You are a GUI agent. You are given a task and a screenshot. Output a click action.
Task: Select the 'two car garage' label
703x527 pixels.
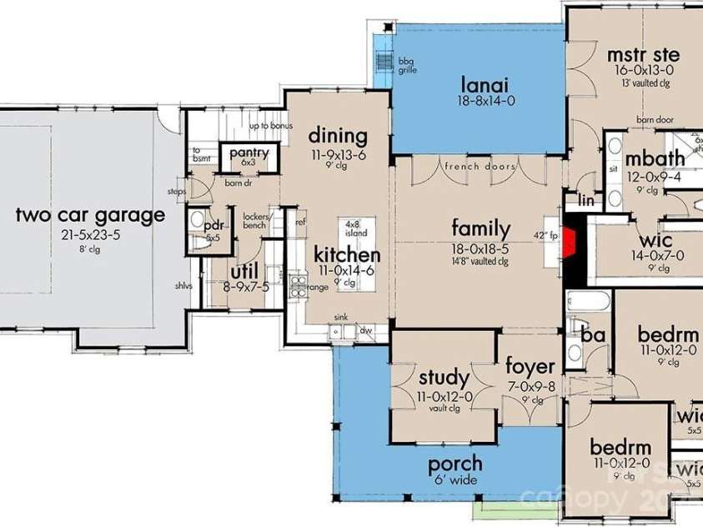point(90,216)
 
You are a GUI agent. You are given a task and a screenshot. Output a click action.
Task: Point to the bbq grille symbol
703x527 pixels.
point(384,63)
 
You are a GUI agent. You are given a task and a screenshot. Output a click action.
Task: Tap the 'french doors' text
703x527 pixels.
point(480,167)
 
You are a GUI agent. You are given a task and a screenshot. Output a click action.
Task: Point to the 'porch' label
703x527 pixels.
point(455,464)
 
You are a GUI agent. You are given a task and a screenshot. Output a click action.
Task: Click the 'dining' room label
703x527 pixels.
point(338,136)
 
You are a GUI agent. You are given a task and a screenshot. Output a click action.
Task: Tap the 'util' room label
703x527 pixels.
point(244,271)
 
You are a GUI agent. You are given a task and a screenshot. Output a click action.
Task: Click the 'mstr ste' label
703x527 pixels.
point(642,56)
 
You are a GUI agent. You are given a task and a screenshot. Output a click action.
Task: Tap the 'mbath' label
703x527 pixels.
point(655,158)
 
